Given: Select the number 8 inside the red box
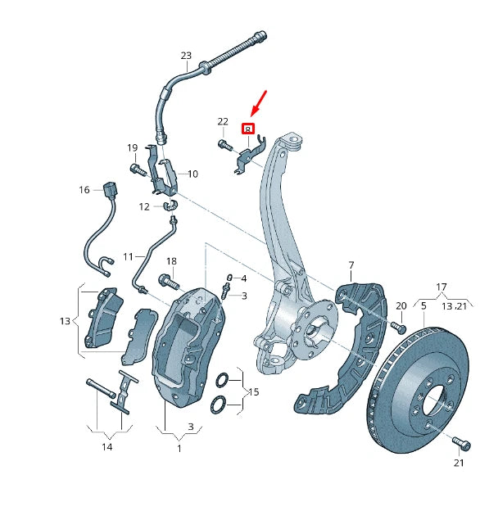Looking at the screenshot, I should pyautogui.click(x=248, y=129).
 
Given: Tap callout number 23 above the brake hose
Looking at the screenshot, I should pyautogui.click(x=186, y=57).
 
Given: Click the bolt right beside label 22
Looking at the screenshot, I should pyautogui.click(x=225, y=145).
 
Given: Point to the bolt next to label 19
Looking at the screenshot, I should pyautogui.click(x=136, y=170).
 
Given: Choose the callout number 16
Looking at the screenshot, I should pyautogui.click(x=84, y=190).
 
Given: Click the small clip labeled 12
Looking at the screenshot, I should pyautogui.click(x=172, y=206).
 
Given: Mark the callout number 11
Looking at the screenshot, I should pyautogui.click(x=128, y=256).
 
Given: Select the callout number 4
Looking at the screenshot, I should pyautogui.click(x=243, y=278).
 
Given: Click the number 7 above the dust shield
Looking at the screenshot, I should pyautogui.click(x=351, y=265).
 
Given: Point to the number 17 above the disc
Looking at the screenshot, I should pyautogui.click(x=441, y=287).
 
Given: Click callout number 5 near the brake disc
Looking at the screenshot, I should pyautogui.click(x=423, y=305).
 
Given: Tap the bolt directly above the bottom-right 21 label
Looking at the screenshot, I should pyautogui.click(x=461, y=444).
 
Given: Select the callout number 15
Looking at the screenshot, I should pyautogui.click(x=253, y=393).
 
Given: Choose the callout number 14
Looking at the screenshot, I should pyautogui.click(x=107, y=447).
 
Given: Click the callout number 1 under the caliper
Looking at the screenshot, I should pyautogui.click(x=180, y=448).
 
